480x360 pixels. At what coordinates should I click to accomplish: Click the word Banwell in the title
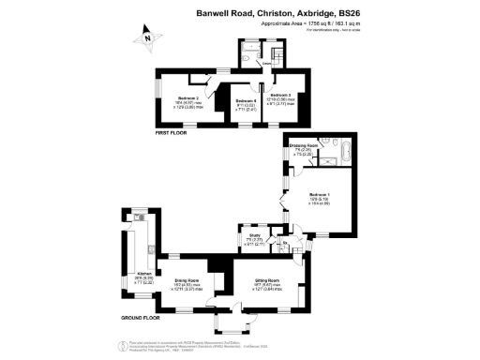click(x=213, y=13)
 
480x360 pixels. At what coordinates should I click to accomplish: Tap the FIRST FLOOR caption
click(x=172, y=133)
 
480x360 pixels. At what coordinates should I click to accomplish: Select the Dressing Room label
click(x=301, y=146)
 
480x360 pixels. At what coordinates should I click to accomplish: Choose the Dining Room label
click(x=187, y=281)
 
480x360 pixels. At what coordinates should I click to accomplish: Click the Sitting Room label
click(x=268, y=280)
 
